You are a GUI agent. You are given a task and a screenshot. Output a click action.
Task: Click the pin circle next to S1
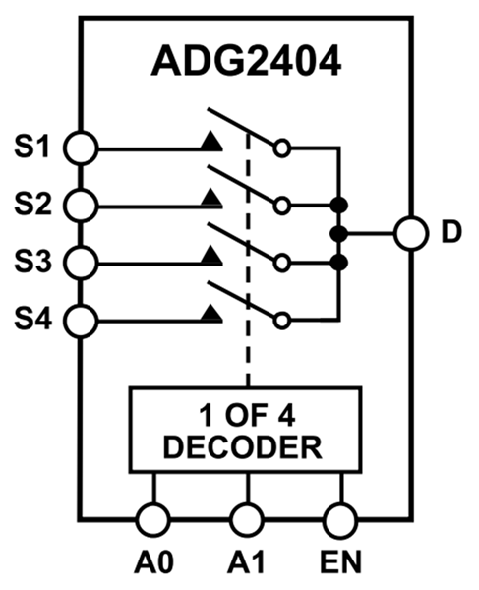point(82,149)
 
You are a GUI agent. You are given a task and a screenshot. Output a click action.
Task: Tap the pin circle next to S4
point(82,320)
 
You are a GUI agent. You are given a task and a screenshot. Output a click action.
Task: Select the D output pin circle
point(409,234)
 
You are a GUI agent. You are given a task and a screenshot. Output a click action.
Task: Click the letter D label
point(450,235)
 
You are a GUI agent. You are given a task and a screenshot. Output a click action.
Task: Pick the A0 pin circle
point(152,517)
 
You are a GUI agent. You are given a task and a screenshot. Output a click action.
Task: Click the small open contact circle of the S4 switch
point(283,320)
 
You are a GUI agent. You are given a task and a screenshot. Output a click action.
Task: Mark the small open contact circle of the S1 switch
point(283,149)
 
